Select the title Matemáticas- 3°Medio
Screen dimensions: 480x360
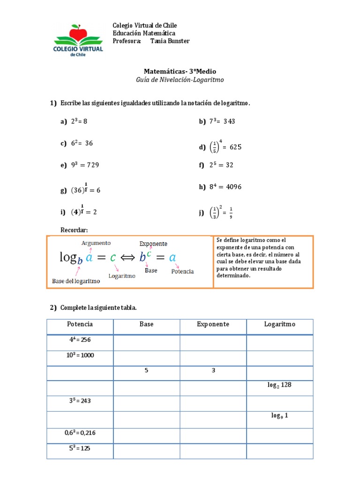click(x=180, y=71)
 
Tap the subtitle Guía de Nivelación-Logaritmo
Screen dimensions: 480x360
click(x=180, y=80)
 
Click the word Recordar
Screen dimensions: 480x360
click(x=75, y=229)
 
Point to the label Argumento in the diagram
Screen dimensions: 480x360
click(x=96, y=243)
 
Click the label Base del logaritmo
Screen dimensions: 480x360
click(x=75, y=281)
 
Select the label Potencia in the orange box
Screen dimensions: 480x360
click(x=182, y=271)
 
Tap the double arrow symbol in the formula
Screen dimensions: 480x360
click(x=128, y=258)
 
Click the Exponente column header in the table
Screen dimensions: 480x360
click(x=213, y=324)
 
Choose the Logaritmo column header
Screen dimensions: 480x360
click(x=280, y=324)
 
